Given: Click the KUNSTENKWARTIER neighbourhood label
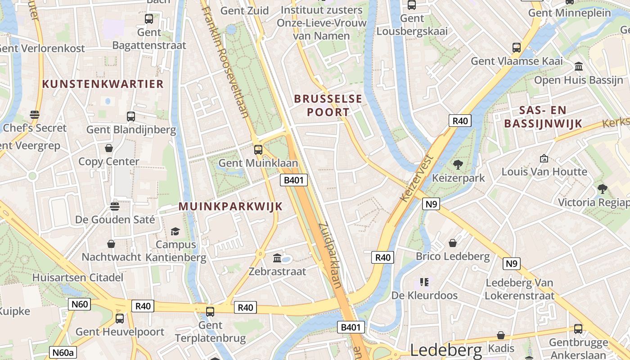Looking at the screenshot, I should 103,84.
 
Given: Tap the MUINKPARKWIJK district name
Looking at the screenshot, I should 230,206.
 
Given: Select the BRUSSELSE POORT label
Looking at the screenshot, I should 328,105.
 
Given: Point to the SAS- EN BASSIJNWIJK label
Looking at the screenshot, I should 543,117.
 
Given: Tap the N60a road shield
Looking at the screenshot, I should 63,353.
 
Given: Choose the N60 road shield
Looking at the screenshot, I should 80,304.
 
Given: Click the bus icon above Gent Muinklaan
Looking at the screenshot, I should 258,150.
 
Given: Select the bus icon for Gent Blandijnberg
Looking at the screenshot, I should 131,117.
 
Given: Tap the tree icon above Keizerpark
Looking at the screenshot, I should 458,165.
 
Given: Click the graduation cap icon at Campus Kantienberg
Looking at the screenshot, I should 175,231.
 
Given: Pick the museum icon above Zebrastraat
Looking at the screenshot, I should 277,258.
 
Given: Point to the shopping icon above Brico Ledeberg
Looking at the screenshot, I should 453,243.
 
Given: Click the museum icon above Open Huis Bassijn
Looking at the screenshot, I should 579,67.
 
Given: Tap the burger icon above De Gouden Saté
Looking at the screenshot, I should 115,206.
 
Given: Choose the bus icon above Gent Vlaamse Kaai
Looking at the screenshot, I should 517,47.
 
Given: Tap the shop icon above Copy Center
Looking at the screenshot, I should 109,148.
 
